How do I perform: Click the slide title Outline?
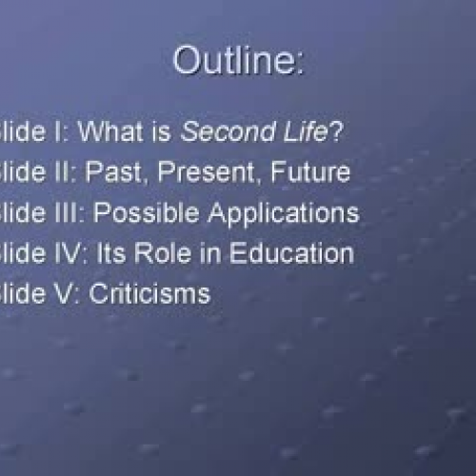pyautogui.click(x=238, y=62)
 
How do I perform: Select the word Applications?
pyautogui.click(x=273, y=213)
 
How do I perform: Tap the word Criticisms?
pyautogui.click(x=149, y=293)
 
